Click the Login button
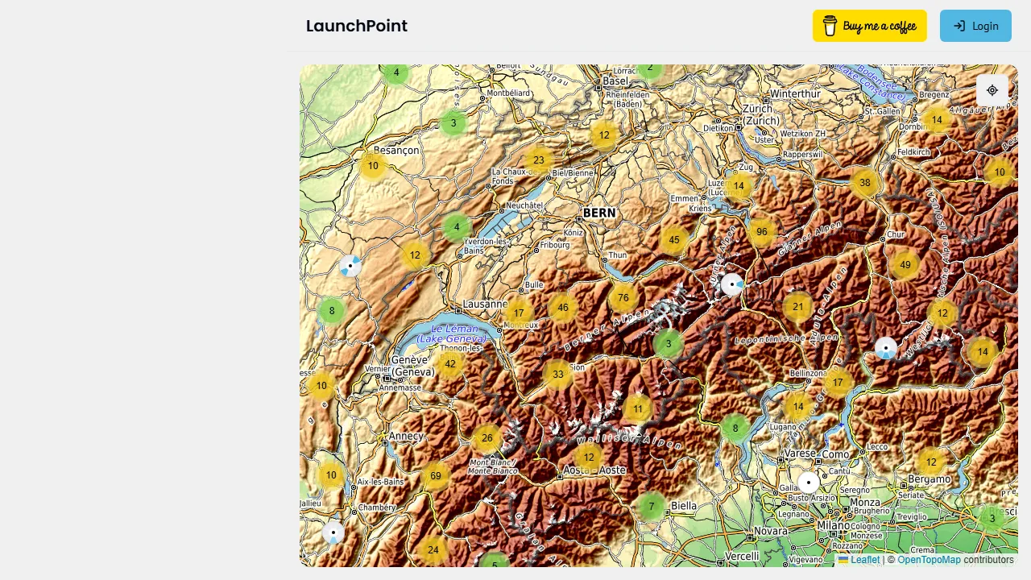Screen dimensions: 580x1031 975,26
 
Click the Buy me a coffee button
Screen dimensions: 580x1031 869,26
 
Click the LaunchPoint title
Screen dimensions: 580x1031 357,26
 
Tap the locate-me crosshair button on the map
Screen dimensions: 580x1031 992,90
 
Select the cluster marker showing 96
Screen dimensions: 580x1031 762,232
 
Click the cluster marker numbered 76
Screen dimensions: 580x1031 623,297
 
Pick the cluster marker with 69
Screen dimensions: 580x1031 436,476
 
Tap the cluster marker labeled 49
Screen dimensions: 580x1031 905,265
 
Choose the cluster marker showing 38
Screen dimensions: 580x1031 865,183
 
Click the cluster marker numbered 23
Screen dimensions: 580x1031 539,160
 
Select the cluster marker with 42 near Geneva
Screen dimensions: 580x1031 450,364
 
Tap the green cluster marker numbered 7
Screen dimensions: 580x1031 652,507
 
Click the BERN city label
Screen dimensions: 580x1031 598,213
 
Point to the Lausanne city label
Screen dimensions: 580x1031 485,305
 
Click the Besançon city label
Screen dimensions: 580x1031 396,150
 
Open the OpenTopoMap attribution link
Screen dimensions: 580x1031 929,560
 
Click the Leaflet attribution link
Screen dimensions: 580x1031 864,560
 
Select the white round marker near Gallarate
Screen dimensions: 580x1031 809,483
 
